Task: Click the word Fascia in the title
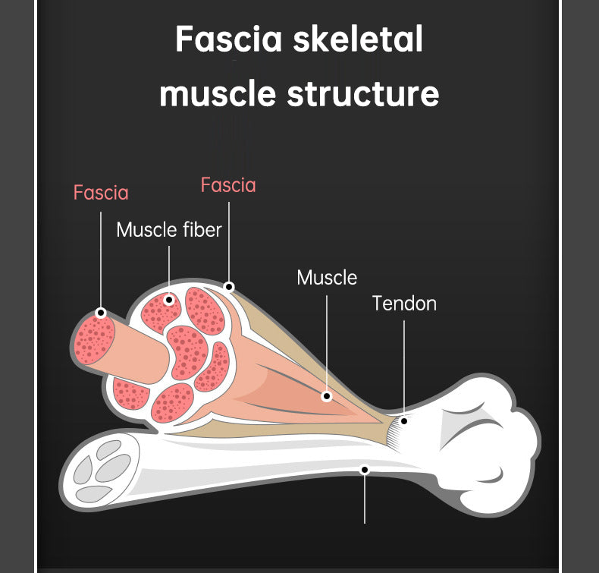[229, 39]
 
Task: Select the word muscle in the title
[218, 94]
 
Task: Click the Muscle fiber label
[169, 230]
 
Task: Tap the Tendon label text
[404, 304]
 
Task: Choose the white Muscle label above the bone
[327, 277]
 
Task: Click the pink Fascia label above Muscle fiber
[228, 185]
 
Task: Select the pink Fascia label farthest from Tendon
[101, 192]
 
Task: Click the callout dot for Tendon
[404, 421]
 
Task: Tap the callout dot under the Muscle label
[326, 396]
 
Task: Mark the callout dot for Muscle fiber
[169, 300]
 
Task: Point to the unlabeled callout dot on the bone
[365, 470]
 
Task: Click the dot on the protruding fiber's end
[101, 313]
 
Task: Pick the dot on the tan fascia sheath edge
[229, 287]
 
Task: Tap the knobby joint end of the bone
[485, 443]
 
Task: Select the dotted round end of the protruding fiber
[94, 338]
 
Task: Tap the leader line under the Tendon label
[404, 369]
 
